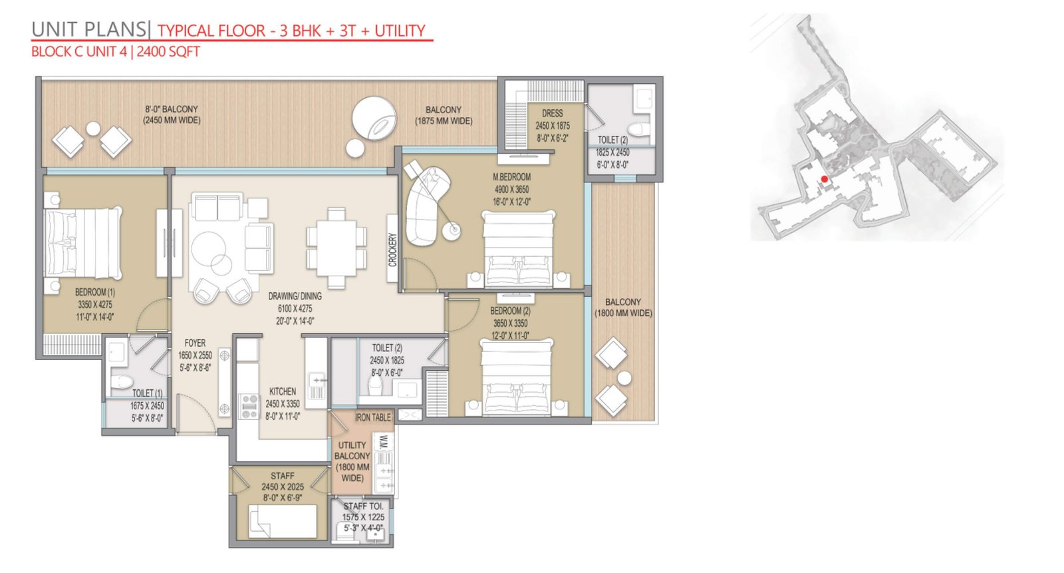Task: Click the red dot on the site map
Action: tap(825, 179)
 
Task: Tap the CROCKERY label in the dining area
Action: tap(392, 249)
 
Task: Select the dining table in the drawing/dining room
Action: tap(336, 248)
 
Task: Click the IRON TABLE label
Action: tap(373, 417)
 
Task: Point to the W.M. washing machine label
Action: tap(384, 442)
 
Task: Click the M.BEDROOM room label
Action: tap(511, 177)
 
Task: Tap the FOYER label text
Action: tap(196, 343)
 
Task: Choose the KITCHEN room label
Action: tap(283, 391)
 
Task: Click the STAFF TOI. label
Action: tap(363, 506)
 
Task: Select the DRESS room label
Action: tap(553, 113)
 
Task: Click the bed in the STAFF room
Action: tap(283, 521)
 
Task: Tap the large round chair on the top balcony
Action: tap(374, 118)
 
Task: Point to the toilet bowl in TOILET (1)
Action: tap(122, 381)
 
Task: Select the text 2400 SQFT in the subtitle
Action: tap(168, 51)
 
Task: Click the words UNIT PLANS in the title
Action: tap(89, 29)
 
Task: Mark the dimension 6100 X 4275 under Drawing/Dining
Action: tap(295, 309)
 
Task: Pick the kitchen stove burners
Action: tap(249, 407)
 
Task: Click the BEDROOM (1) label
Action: tap(95, 292)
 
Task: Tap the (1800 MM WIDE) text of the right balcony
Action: tap(623, 313)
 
